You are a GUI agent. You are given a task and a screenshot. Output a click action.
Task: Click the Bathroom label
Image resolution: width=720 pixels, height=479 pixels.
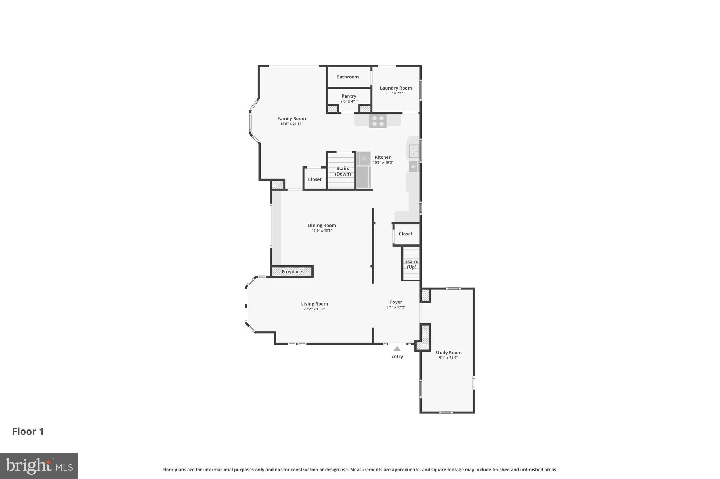pos(347,77)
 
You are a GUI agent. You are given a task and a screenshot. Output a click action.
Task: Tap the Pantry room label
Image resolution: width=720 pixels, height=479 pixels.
pos(349,96)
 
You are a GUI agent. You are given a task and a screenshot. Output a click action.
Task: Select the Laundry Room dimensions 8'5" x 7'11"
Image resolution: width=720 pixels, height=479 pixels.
pos(396,93)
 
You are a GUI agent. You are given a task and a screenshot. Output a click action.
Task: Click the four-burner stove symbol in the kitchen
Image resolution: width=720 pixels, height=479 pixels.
pos(378,121)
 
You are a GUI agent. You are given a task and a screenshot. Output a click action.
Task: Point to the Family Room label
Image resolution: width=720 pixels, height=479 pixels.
pos(291,119)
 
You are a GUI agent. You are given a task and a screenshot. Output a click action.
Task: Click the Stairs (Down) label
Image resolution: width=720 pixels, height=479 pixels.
pos(342,171)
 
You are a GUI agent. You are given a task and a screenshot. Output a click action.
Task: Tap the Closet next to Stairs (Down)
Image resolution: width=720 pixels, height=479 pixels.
pos(315,179)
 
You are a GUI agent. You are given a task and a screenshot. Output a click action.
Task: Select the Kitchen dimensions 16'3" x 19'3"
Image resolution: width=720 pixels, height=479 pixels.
pos(383,163)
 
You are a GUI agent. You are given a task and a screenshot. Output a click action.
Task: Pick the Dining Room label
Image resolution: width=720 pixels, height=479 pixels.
pos(322,225)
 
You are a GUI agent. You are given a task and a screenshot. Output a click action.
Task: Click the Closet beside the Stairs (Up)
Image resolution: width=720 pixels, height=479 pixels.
pos(405,234)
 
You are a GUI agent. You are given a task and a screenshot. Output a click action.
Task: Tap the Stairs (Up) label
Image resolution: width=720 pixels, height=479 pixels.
pos(411,264)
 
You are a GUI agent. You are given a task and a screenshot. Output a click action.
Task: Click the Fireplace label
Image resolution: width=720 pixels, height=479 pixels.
pos(291,272)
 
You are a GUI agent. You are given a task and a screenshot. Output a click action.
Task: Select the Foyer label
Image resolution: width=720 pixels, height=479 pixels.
pos(396,302)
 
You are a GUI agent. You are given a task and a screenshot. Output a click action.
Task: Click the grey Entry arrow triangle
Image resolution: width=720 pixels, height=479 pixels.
pos(397,349)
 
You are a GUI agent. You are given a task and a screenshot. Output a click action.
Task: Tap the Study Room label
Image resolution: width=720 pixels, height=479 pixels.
pos(448,353)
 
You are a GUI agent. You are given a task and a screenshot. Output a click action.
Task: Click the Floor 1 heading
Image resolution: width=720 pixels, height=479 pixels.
pos(28,432)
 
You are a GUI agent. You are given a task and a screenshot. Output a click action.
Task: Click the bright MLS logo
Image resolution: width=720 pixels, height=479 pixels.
pos(39,466)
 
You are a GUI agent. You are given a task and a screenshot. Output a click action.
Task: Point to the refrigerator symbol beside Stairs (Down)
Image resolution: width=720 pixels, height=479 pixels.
pos(364,177)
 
